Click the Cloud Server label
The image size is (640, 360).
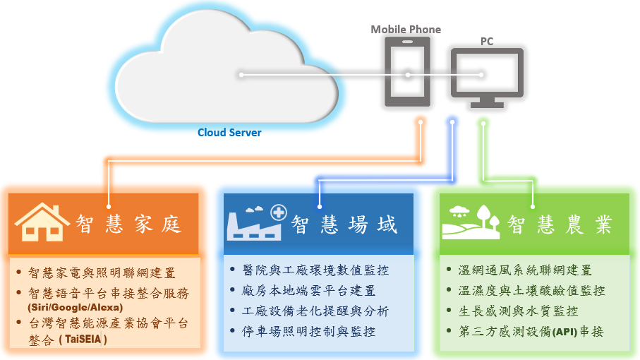[229, 133]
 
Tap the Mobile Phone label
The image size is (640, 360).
[406, 30]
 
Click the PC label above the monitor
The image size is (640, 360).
[487, 42]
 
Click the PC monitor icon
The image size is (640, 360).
[487, 76]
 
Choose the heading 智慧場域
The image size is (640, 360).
[345, 224]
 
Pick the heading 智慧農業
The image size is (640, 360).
[560, 224]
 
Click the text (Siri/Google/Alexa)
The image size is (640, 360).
[76, 307]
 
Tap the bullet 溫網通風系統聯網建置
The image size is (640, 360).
[525, 270]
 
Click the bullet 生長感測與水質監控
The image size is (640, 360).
[519, 311]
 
